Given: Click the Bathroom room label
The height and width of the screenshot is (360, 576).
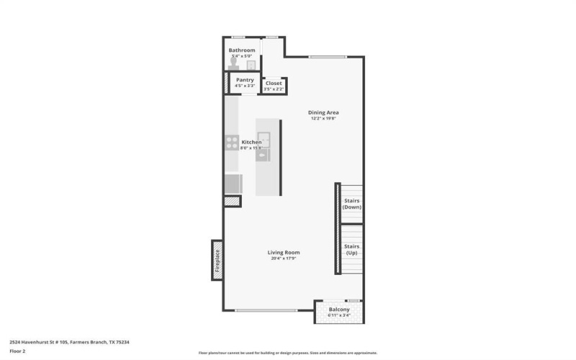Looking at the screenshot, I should [242, 50].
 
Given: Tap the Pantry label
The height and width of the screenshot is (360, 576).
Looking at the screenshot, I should [245, 80].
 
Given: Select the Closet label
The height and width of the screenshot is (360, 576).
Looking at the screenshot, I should [274, 84].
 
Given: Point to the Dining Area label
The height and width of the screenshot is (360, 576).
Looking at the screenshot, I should [323, 112].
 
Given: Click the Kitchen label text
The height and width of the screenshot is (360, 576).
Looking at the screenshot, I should [251, 142].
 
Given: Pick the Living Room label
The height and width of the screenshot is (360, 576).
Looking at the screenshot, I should [284, 252].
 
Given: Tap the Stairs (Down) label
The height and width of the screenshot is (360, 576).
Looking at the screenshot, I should [351, 204].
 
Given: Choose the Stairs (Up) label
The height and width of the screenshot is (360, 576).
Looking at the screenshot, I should [351, 250].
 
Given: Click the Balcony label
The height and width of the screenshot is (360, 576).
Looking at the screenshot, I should [338, 310].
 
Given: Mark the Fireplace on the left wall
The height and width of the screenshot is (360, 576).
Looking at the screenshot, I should [216, 260].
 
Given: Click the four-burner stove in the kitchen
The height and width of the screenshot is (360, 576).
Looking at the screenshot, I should [232, 142].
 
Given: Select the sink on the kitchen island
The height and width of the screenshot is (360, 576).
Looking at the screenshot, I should [264, 140].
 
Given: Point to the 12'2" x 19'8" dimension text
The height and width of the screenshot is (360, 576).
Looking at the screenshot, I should [323, 119].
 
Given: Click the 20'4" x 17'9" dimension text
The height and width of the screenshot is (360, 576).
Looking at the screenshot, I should [284, 258].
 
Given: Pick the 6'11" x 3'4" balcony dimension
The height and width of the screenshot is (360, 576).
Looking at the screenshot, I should [338, 316].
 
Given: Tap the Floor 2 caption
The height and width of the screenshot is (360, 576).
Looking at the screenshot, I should [19, 351].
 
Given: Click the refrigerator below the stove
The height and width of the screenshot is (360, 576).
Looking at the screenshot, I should [232, 184].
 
